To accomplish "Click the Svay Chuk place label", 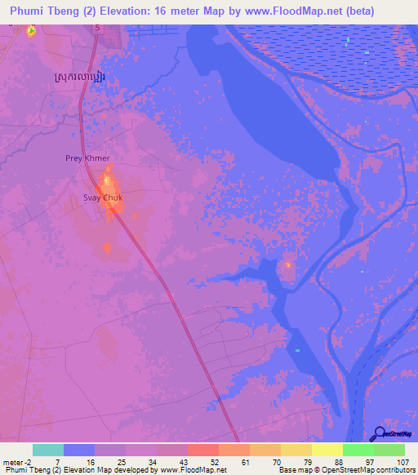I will pos(103,198).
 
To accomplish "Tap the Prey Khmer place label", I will pos(87,158).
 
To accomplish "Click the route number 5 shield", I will pos(96,28).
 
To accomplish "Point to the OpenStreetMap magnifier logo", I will pos(379,433).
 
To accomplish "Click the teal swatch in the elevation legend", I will pos(48,450).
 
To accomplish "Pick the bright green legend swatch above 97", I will pos(358,450).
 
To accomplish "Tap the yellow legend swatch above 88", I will pos(327,450).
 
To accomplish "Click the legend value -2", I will pos(30,463).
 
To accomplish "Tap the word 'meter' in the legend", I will pos(14,463).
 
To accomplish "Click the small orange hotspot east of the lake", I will pos(287,264).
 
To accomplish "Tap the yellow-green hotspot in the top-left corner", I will pos(31,31).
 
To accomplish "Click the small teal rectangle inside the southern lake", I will pos(297,350).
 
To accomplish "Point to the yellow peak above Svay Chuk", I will pos(107,179).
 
